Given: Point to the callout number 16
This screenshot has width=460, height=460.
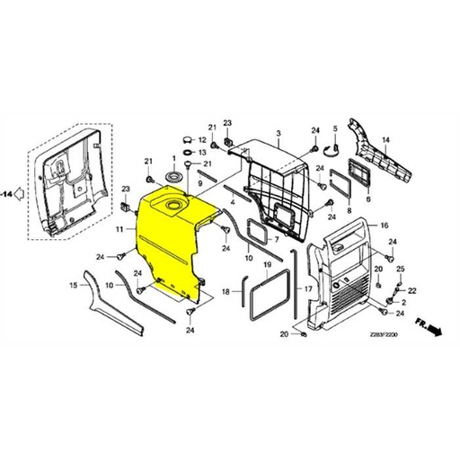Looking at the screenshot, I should point(385,226).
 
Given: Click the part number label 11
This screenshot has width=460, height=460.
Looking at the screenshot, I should point(119,230).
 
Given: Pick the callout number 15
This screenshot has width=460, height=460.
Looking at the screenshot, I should point(73,286).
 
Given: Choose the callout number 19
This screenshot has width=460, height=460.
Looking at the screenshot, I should point(267,266).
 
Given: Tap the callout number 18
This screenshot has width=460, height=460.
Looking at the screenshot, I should point(226,291).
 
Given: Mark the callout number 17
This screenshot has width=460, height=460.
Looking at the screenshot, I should point(308,289).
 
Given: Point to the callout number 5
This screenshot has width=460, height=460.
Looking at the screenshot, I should point(334,128).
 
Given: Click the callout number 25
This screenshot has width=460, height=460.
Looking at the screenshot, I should point(401,270).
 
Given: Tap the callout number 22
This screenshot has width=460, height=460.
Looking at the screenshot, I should point(411,291).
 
